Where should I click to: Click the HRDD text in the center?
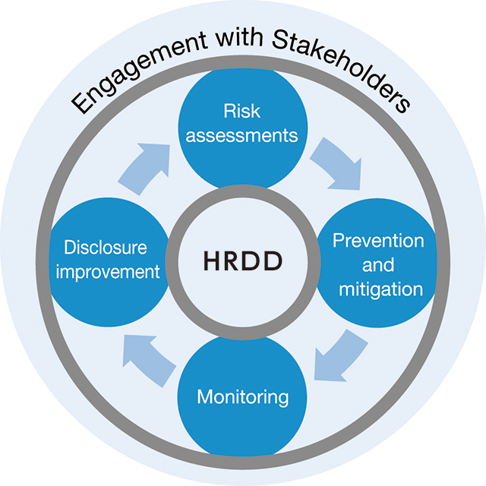243,260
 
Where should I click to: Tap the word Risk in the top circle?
241,111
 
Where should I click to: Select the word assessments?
241,136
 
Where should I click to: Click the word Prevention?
378,241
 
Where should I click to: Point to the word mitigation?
381,290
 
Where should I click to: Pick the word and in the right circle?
378,265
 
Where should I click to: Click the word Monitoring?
243,398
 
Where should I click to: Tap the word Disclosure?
106,248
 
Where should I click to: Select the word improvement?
108,273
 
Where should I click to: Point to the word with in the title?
239,38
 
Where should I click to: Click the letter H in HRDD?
212,260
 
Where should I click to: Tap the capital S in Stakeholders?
281,40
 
